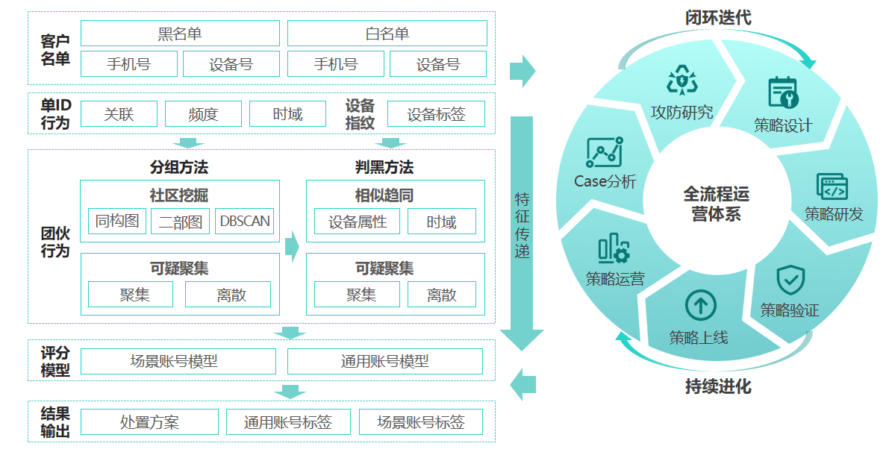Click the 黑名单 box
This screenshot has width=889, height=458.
[x=180, y=34]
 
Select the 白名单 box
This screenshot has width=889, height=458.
[x=387, y=34]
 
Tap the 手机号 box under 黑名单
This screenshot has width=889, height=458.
[x=129, y=64]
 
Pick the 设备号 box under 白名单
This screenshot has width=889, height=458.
[x=438, y=64]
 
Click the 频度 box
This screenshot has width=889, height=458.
[x=204, y=114]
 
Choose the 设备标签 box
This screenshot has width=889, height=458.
[x=436, y=114]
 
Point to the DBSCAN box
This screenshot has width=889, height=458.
[x=244, y=222]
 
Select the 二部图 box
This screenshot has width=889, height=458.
[x=181, y=222]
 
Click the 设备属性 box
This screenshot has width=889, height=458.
[x=357, y=222]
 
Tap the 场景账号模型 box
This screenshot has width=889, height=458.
[x=178, y=361]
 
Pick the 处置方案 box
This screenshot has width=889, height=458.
[x=149, y=422]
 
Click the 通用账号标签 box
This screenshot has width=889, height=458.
[x=287, y=422]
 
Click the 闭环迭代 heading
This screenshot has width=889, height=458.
[x=718, y=17]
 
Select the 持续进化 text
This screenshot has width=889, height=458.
[x=718, y=386]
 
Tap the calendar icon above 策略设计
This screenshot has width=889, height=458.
[x=783, y=92]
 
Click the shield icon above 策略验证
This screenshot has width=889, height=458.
[x=790, y=280]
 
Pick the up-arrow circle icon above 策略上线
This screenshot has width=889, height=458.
[x=700, y=305]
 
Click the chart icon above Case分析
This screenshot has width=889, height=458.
[x=604, y=152]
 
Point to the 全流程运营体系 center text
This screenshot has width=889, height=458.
[x=716, y=204]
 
